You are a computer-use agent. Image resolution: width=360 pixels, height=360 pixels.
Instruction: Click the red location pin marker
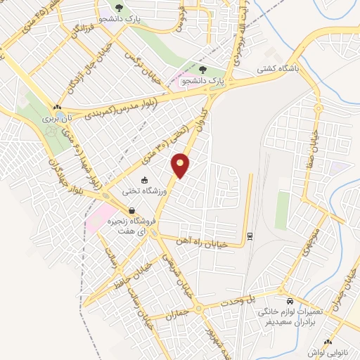coord(181,167)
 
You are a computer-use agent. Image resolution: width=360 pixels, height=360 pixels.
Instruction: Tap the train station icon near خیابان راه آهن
coord(249,235)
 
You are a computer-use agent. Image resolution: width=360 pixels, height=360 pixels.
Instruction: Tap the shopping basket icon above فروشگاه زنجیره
coord(132,210)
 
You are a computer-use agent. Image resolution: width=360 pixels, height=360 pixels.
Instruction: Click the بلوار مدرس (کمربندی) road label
coord(133,106)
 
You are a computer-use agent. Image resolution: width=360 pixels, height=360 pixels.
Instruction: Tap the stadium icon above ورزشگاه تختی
coord(145,180)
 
